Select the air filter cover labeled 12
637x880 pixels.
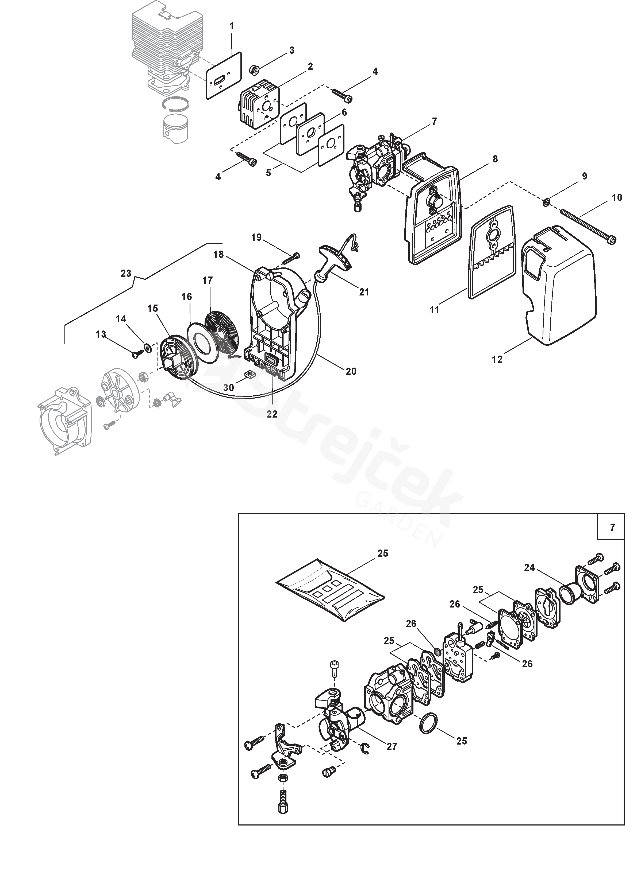[559, 285]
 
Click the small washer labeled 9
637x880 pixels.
[547, 201]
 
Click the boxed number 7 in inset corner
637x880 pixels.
[612, 528]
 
